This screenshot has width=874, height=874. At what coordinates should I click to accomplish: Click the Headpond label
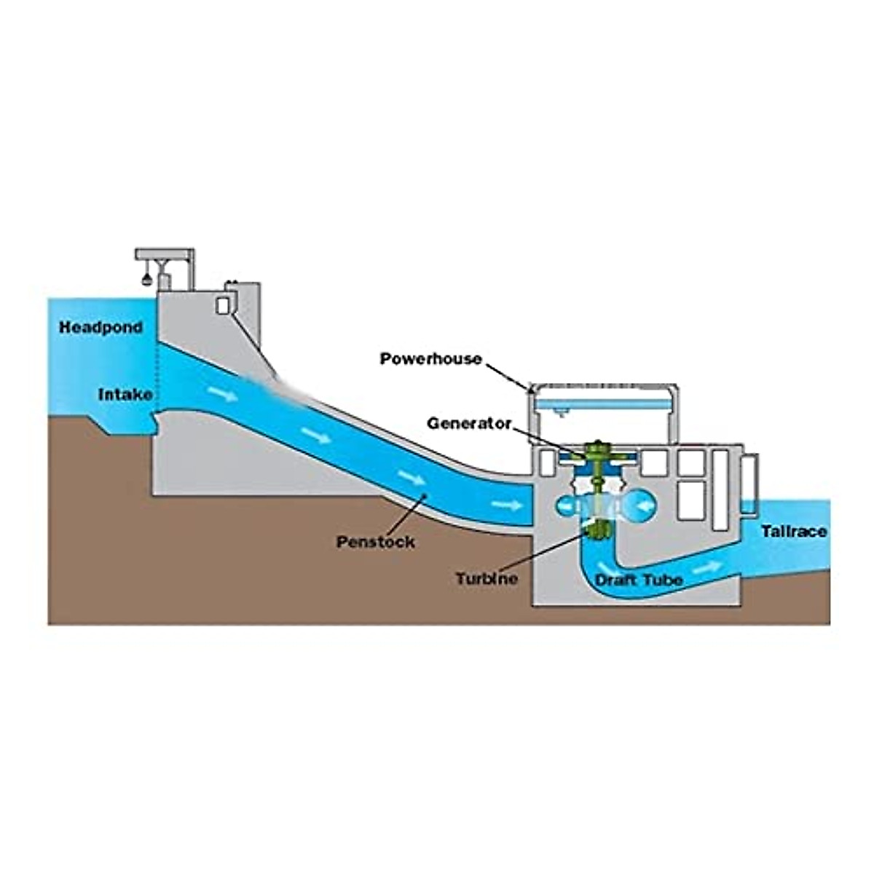coord(101,328)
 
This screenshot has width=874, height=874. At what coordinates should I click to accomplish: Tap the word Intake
coord(126,395)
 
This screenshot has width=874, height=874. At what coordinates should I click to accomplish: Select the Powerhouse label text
coord(430,358)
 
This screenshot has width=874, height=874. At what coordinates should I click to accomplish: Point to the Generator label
coord(469,423)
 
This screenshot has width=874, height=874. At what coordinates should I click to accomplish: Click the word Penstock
coord(375,542)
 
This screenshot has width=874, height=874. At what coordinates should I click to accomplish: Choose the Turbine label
coord(487,579)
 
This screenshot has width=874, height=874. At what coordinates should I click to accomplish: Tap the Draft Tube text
coord(639,580)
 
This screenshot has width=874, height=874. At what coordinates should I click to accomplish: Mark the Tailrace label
coord(794,532)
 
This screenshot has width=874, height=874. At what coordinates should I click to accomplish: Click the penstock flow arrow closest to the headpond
coord(222,394)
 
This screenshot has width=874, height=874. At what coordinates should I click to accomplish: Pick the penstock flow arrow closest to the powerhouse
coord(507,505)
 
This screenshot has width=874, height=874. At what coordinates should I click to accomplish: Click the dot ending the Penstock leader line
coord(425,496)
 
